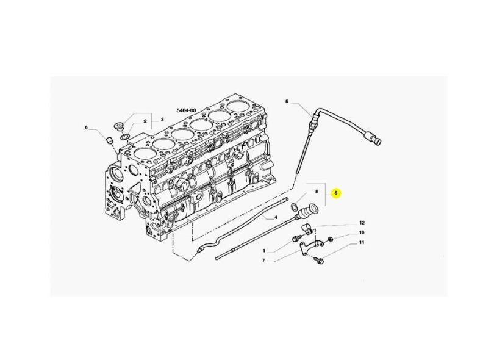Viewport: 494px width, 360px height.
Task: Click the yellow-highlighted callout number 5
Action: click(x=337, y=193)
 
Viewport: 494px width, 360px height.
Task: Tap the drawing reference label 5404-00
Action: click(x=186, y=110)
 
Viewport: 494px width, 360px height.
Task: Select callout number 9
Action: click(x=86, y=128)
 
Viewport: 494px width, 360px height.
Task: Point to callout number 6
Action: click(x=287, y=101)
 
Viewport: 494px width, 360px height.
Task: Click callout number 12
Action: click(x=362, y=223)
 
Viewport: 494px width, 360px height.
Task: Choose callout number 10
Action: click(x=362, y=232)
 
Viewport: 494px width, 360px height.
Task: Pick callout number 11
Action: click(x=362, y=242)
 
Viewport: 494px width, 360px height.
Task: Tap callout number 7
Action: click(x=264, y=261)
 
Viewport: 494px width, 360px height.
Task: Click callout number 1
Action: click(x=264, y=251)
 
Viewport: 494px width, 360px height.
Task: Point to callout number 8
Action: click(x=317, y=192)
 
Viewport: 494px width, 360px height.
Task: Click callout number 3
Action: click(x=162, y=120)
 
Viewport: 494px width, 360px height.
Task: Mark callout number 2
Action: click(x=145, y=121)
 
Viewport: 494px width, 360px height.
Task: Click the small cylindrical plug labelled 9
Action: click(x=110, y=140)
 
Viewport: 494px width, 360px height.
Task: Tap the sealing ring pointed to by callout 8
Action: click(x=293, y=207)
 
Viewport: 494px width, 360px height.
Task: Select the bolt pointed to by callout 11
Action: click(x=318, y=260)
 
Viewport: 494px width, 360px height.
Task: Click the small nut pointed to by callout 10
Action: click(x=330, y=239)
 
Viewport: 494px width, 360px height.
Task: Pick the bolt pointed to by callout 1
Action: click(x=295, y=239)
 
